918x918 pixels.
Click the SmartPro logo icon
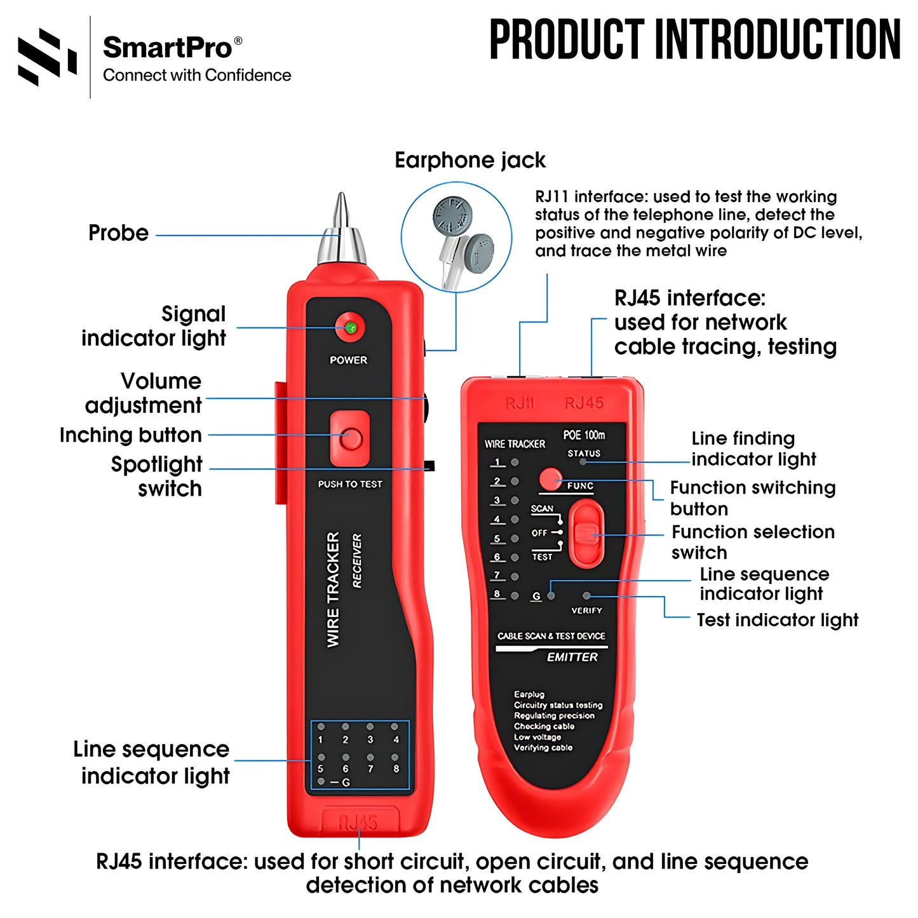coord(47,57)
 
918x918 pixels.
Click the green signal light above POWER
coord(349,328)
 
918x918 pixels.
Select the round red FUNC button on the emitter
coord(550,480)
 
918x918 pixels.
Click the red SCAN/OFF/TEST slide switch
coord(585,533)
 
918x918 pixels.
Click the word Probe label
coord(118,233)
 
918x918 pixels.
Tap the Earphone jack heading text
coord(469,160)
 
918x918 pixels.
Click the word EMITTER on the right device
coord(572,657)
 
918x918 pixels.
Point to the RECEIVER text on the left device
coord(357,560)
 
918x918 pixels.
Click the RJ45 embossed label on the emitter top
coord(584,403)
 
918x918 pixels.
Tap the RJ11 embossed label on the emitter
coord(520,403)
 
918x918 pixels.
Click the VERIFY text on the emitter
coord(586,611)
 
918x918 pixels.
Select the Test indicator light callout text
coord(777,619)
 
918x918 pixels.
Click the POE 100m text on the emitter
coord(584,435)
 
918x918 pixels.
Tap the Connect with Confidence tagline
coord(197,75)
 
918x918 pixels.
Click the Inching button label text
coord(131,435)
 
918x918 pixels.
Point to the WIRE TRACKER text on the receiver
coord(334,590)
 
